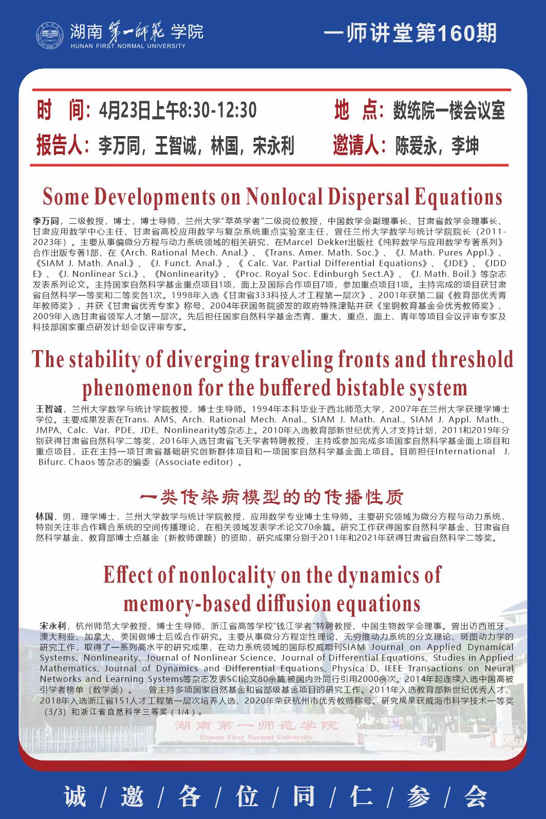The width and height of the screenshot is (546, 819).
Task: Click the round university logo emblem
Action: click(x=49, y=36)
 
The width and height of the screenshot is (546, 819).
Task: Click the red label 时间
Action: click(x=60, y=110)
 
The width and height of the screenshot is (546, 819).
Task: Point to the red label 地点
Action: click(x=355, y=110)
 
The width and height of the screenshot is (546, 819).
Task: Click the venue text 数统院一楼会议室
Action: click(x=449, y=110)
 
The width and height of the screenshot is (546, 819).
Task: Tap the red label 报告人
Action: click(x=59, y=145)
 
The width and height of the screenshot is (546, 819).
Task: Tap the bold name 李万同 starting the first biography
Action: click(x=46, y=221)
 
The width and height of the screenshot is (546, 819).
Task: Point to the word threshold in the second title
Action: click(x=472, y=359)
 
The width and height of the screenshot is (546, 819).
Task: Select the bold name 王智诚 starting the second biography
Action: click(x=49, y=409)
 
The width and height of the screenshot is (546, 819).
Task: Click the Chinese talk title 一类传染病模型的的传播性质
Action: click(x=272, y=497)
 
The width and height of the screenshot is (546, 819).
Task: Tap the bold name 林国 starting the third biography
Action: click(x=44, y=516)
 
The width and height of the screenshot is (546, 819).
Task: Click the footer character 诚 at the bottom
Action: click(x=75, y=796)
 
